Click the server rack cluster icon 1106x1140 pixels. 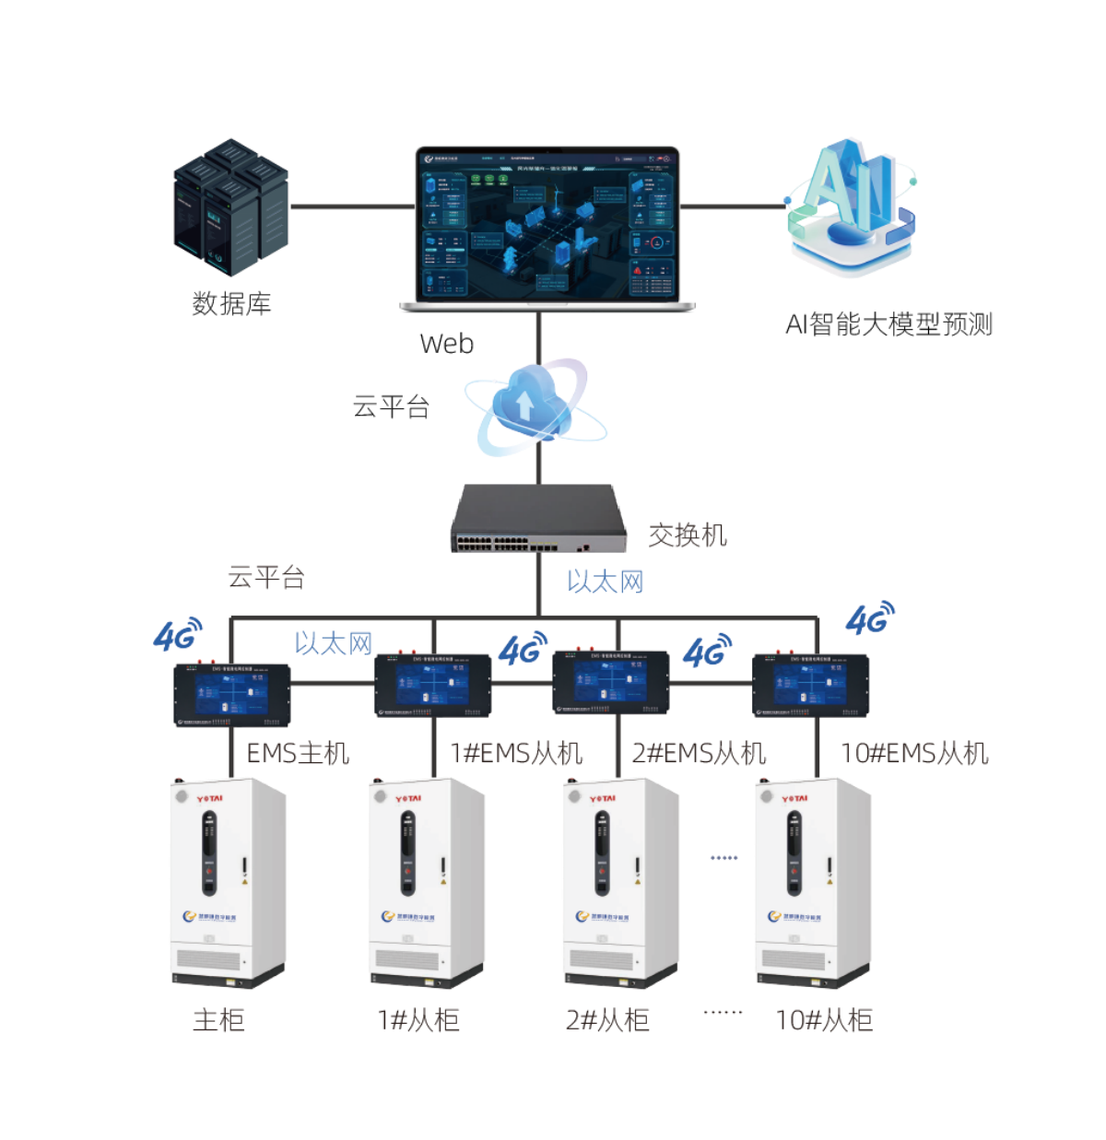click(231, 207)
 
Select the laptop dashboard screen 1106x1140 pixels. click(547, 225)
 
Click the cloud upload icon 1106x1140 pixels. click(525, 406)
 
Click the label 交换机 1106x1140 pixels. click(687, 535)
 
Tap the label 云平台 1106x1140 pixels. click(265, 578)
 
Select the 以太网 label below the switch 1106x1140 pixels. click(605, 582)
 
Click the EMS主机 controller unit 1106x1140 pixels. click(232, 692)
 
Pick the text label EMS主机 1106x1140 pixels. click(298, 754)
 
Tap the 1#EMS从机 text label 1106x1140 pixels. click(516, 754)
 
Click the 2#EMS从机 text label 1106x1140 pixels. click(700, 754)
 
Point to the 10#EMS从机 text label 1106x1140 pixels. click(914, 754)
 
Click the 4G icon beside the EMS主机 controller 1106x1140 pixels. click(176, 634)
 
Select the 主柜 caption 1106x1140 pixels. click(218, 1020)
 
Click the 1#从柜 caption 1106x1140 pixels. click(418, 1020)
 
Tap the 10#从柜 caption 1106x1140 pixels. click(824, 1020)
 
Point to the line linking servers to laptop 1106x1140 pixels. click(351, 206)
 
